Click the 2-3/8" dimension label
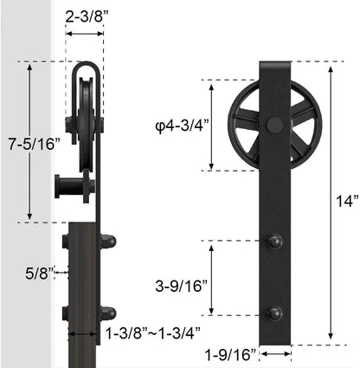[x=86, y=16]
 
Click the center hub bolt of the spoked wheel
[x=274, y=126]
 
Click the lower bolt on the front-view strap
[x=275, y=313]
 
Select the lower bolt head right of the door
[x=106, y=313]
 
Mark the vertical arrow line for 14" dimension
[x=329, y=201]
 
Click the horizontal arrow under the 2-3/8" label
[x=86, y=34]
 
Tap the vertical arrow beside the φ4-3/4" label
[x=210, y=104]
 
